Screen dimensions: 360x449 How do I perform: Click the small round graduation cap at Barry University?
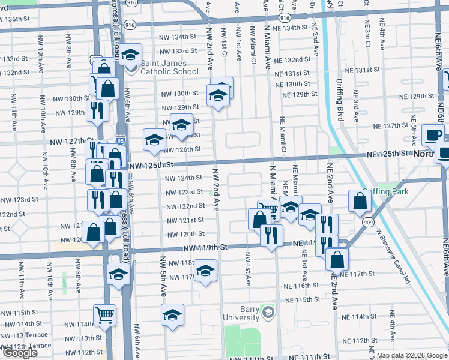coord(268,313)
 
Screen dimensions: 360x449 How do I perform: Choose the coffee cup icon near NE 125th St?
coord(432,136)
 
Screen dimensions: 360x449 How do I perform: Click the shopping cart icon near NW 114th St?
coord(104,314)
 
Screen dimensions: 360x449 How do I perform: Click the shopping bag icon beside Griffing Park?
coord(359,202)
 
